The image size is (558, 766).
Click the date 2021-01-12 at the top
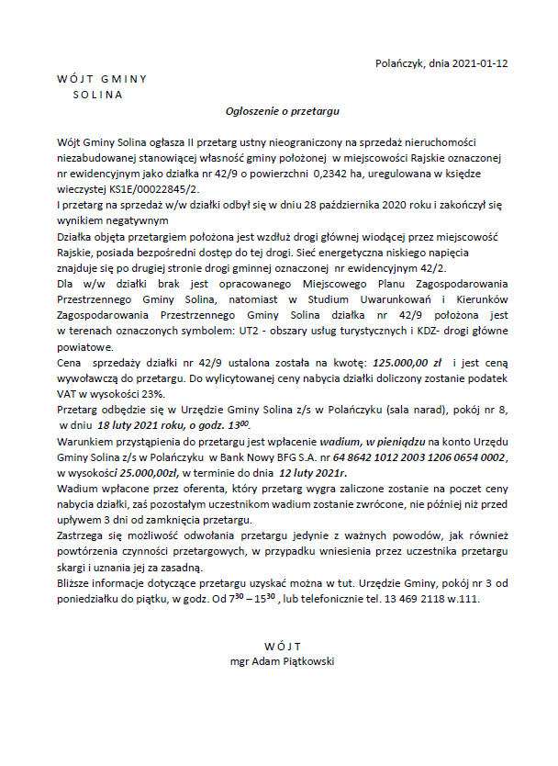point(480,63)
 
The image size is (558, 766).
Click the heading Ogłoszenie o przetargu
point(284,110)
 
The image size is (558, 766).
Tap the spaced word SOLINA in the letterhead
point(97,94)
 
